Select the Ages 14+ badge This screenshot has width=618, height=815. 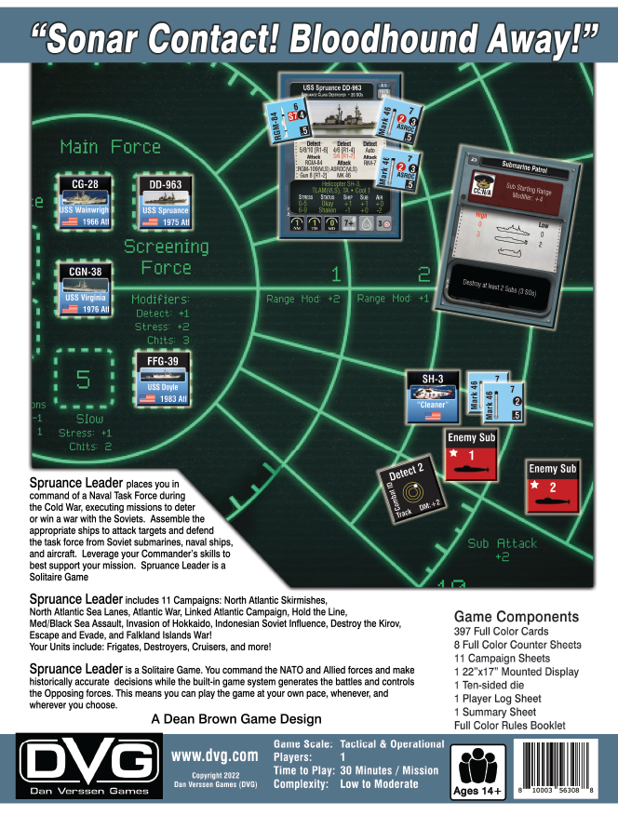tap(477, 772)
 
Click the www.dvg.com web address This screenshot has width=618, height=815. tap(214, 758)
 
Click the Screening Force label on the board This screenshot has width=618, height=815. tap(166, 257)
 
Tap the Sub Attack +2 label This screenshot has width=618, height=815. tap(502, 550)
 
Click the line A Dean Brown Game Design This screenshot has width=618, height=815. tap(235, 718)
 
